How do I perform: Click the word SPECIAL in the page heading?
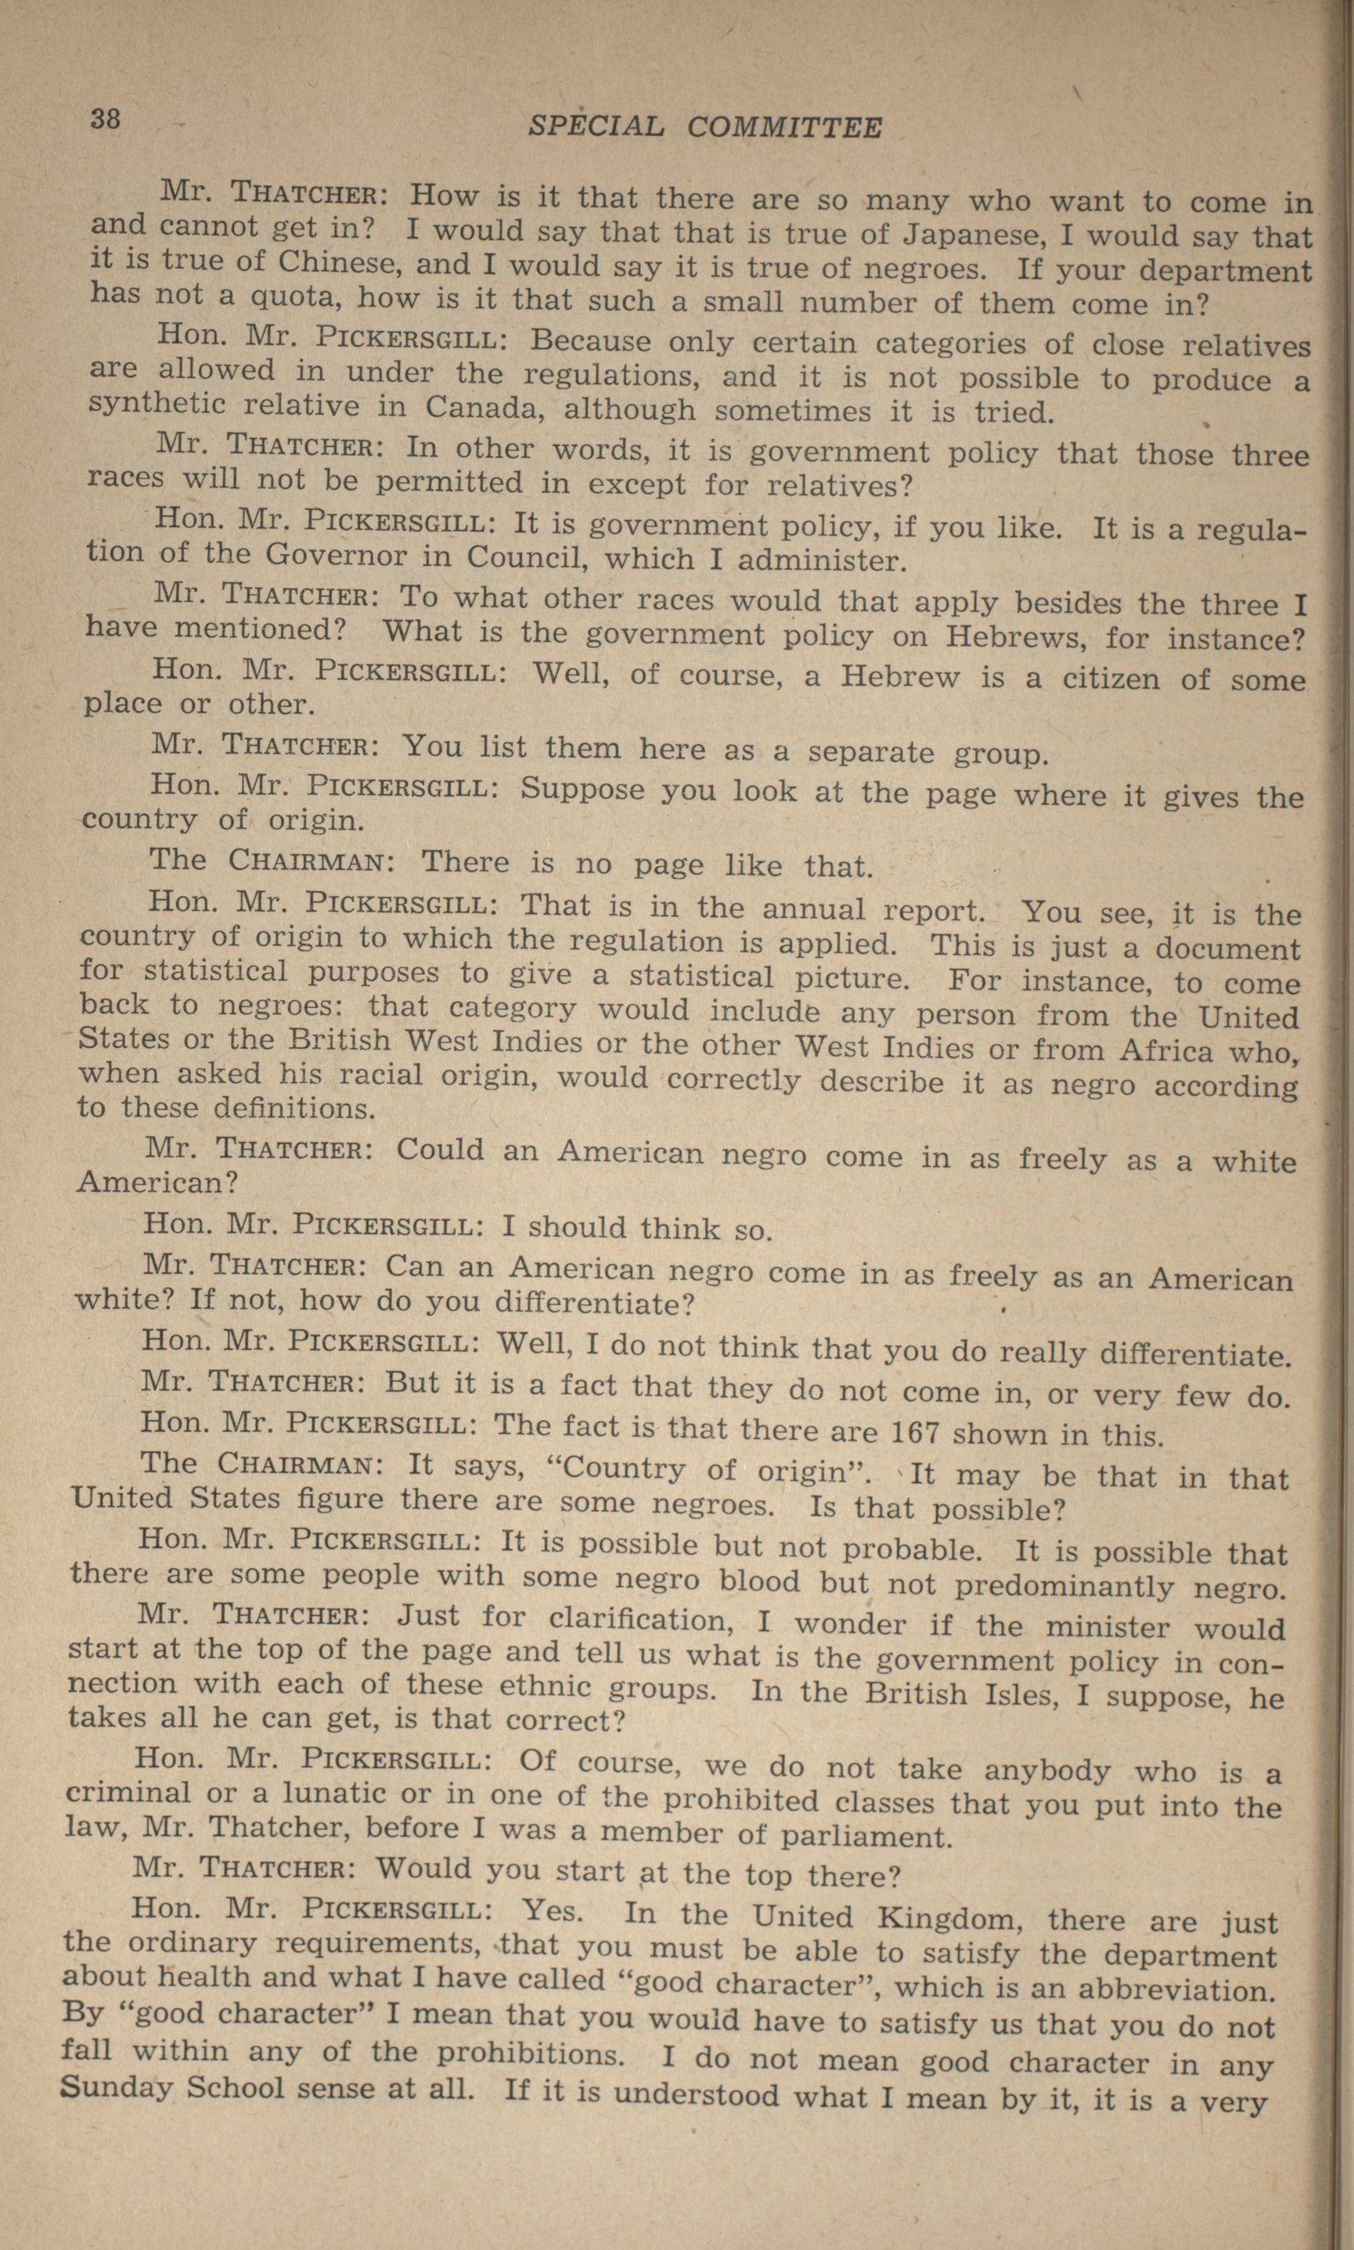(596, 126)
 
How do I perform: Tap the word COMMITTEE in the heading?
(785, 128)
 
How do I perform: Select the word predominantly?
(1064, 1587)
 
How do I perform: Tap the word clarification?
(649, 1621)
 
